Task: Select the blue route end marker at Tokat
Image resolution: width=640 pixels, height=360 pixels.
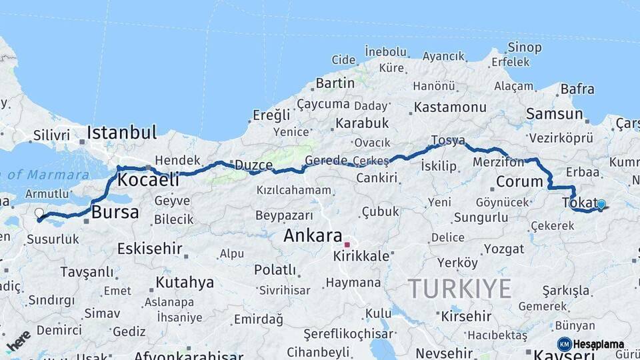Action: tap(601, 205)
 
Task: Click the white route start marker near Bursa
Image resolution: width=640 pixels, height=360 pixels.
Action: tap(39, 214)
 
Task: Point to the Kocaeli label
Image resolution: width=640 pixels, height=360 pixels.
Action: tap(148, 180)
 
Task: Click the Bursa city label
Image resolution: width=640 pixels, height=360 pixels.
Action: tap(115, 213)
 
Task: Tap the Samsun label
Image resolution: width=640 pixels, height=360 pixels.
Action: tap(554, 114)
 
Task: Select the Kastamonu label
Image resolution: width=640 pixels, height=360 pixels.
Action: tap(450, 107)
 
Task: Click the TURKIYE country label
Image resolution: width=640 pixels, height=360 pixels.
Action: tap(460, 289)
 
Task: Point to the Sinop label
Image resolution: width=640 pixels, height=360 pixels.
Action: tap(525, 47)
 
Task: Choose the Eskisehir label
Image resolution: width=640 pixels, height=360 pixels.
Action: tap(150, 249)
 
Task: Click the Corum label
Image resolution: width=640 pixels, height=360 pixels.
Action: tap(519, 181)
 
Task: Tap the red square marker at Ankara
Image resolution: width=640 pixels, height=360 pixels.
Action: tap(347, 245)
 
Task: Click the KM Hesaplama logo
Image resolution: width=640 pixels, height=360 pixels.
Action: tap(591, 344)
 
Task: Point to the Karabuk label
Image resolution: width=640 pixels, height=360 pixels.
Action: tap(362, 123)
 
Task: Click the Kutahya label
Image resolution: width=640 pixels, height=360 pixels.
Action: tap(185, 283)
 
